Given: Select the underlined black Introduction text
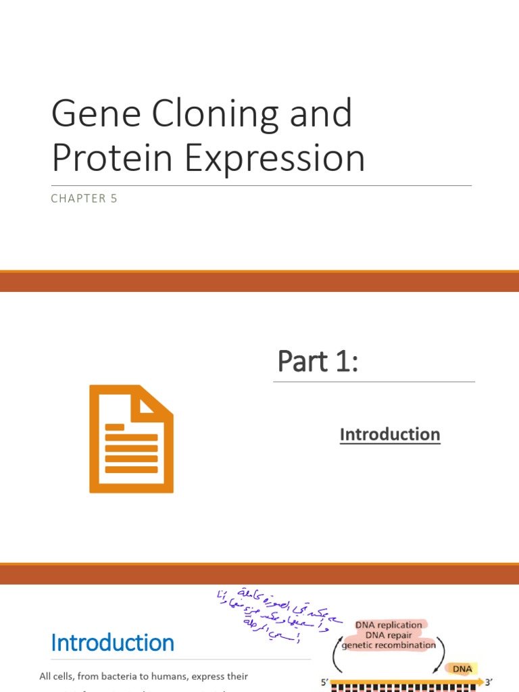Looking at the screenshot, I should [x=389, y=435].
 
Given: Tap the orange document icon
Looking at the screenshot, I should [x=132, y=439].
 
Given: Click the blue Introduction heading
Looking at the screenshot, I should [x=112, y=643].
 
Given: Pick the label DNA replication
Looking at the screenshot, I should [x=389, y=625].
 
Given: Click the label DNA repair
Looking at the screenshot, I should [x=389, y=635].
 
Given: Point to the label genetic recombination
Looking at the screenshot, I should [x=389, y=645].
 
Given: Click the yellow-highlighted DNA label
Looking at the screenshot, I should [x=462, y=669].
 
